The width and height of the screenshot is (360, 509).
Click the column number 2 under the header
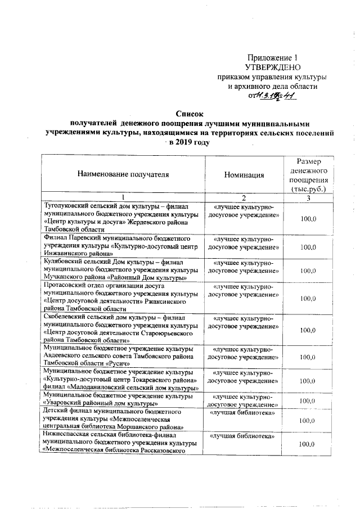pyautogui.click(x=244, y=197)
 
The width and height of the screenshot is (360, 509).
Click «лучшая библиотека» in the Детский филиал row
pyautogui.click(x=243, y=413)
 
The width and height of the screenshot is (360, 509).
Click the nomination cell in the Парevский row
pyautogui.click(x=243, y=243)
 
